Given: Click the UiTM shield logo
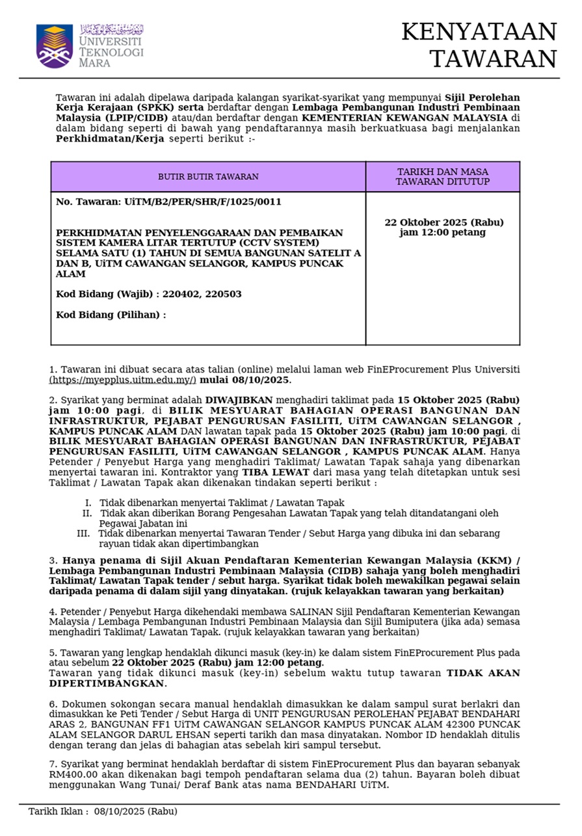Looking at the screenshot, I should pos(55,46).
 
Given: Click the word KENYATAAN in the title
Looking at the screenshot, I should pos(479,32).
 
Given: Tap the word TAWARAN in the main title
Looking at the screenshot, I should pos(493,59).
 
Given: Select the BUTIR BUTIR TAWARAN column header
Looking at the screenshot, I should pos(208,177).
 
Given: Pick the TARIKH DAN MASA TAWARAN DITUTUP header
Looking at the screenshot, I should pos(442,177).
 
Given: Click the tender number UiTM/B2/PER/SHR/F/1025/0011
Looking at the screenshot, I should pos(202,202).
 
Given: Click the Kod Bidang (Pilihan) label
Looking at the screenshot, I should pos(111,315).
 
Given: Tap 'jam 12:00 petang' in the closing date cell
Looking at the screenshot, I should pos(442,233).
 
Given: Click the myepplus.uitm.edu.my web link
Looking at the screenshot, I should pos(123,380).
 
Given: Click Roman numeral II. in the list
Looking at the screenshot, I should pos(87,513).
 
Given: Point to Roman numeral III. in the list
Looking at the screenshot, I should pos(83,534).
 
